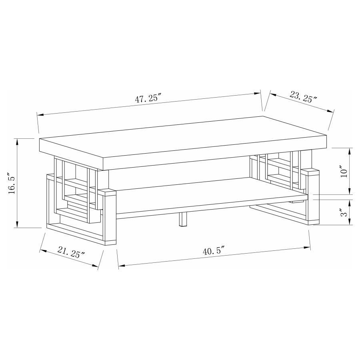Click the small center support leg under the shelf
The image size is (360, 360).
click(x=182, y=220)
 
